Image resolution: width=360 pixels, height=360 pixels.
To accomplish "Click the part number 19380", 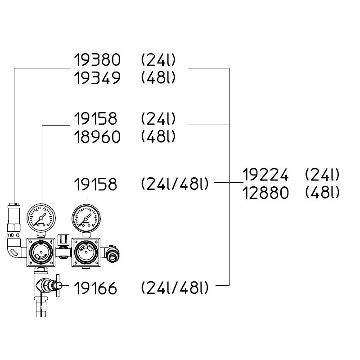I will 97,60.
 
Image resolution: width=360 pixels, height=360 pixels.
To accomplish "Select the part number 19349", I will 97,78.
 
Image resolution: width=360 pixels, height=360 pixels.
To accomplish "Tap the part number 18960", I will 97,137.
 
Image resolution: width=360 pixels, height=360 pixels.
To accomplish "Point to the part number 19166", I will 95,288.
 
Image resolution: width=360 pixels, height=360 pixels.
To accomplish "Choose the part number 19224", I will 265,174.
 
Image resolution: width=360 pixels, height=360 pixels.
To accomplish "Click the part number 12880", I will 265,193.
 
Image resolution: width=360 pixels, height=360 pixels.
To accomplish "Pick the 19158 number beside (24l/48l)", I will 95,184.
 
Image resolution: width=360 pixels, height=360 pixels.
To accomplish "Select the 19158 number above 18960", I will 95,119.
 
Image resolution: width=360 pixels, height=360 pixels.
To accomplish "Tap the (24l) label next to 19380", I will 157,60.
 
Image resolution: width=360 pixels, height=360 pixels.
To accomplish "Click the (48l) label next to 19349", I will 157,78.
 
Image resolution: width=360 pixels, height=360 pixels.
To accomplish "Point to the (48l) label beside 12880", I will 322,193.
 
